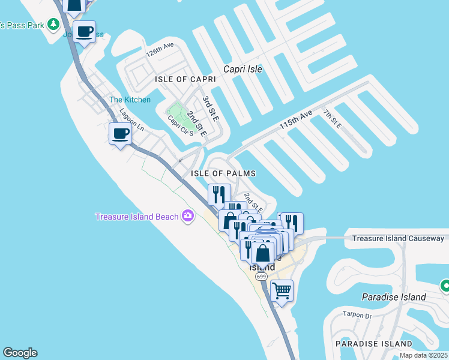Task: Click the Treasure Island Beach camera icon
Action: point(188,215)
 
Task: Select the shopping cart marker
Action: point(281,291)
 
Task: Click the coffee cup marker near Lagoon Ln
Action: point(121,133)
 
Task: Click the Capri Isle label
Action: point(243,69)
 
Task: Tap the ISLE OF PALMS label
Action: point(223,173)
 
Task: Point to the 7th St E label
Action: point(332,119)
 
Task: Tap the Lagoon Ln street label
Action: point(131,119)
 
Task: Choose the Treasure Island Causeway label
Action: point(398,238)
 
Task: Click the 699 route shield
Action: point(261,276)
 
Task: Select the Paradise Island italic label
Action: point(394,297)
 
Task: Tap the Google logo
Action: point(20,353)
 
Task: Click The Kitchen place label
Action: point(130,100)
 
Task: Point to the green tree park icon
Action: point(54,24)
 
